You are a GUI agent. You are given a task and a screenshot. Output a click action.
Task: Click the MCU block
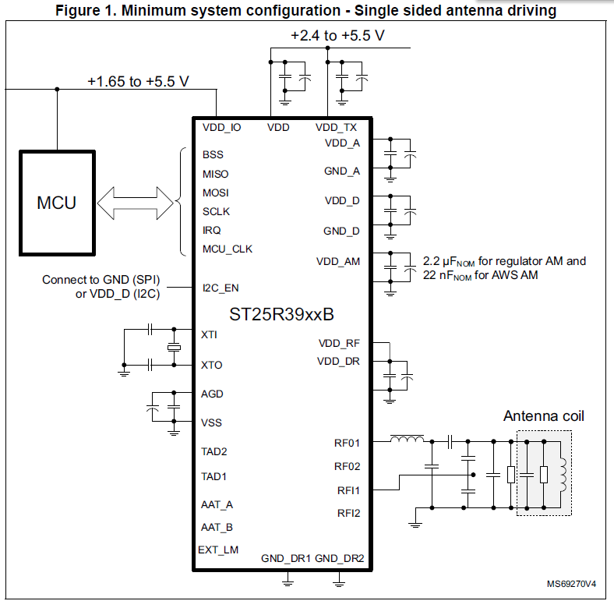pos(57,203)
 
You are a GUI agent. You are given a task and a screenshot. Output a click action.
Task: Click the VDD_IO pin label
pos(221,127)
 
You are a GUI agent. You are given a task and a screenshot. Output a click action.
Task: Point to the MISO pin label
pos(215,174)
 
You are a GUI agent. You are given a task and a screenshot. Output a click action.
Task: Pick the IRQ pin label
pos(211,230)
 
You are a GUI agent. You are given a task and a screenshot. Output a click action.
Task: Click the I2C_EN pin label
pos(221,288)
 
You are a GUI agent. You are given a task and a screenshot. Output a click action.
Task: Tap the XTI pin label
pos(210,334)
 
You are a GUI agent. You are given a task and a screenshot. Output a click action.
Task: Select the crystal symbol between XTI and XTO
pos(173,348)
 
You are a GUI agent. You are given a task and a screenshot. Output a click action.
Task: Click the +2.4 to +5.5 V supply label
pos(337,36)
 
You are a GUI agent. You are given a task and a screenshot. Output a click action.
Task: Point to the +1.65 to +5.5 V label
pos(138,81)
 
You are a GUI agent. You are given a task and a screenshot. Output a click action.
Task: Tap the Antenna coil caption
pos(543,415)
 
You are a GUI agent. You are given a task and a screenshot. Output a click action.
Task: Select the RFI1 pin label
pos(348,490)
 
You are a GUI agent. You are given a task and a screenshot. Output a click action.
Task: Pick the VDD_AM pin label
pos(338,261)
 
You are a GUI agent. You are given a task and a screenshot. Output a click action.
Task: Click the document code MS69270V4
pos(572,584)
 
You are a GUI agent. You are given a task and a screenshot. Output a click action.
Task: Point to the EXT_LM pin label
pos(218,550)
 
